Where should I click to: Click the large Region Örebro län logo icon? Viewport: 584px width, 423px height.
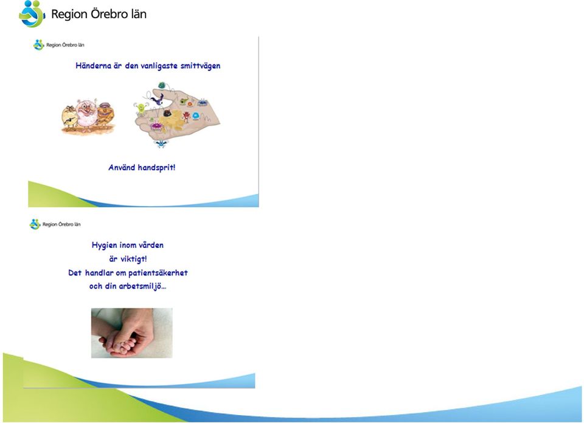pos(32,14)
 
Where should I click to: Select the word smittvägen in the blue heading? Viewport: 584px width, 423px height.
pos(200,66)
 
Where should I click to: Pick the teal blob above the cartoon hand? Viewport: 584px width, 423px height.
pos(162,86)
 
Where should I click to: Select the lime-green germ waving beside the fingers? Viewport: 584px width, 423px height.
pos(141,109)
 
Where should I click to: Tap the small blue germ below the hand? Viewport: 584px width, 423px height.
pos(161,143)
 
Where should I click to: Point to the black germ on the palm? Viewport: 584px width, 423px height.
pos(168,112)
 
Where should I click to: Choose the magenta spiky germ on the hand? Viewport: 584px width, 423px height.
pos(157,127)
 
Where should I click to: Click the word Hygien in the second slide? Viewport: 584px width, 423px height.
pos(104,245)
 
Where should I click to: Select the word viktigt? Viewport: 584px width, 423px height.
pos(134,259)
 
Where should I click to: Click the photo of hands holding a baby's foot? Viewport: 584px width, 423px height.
pos(132,333)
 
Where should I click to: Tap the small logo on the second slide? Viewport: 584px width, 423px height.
pos(35,224)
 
